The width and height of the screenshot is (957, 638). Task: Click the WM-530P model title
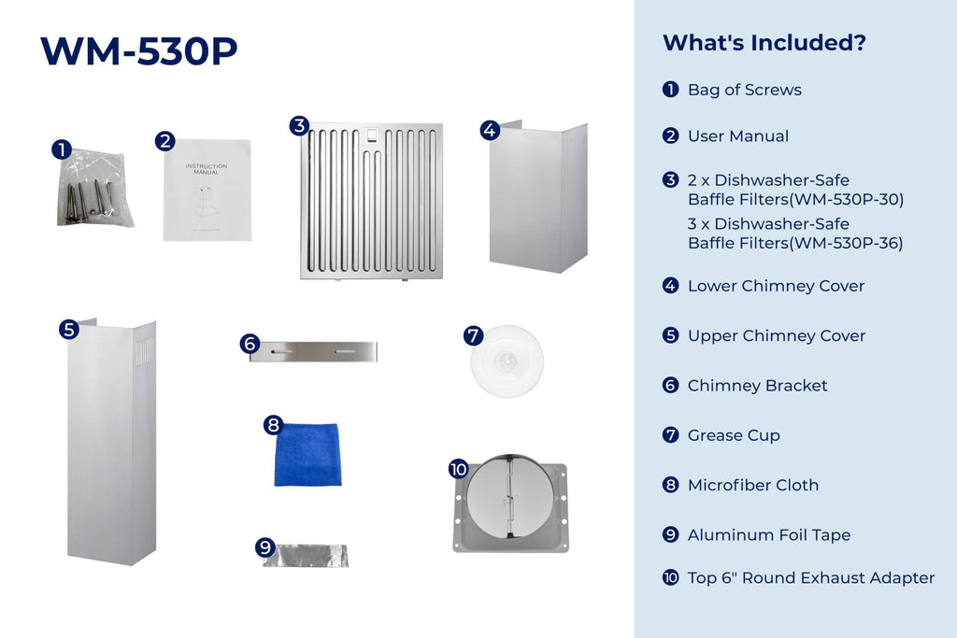(x=138, y=50)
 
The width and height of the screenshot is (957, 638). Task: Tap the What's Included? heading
(x=764, y=43)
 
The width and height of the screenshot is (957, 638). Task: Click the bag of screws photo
(x=94, y=189)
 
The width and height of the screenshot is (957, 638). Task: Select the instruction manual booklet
(x=207, y=190)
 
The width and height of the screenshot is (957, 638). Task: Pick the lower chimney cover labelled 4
(x=537, y=196)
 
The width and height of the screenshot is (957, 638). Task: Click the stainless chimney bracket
(x=313, y=351)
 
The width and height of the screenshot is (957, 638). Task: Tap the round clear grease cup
(x=507, y=362)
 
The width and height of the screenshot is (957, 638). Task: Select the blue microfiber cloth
(x=307, y=455)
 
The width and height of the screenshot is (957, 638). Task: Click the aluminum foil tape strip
(x=306, y=556)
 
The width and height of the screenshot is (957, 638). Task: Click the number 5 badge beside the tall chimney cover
(x=69, y=330)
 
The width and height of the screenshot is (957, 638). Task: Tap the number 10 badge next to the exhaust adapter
(x=458, y=468)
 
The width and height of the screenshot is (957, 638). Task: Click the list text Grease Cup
(x=734, y=435)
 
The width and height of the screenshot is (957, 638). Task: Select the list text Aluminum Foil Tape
(x=769, y=535)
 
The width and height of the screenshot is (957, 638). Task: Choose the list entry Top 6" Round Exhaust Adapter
(x=811, y=577)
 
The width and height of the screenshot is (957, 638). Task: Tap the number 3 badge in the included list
(x=671, y=180)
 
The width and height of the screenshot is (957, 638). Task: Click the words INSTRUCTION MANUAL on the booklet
(x=207, y=169)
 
